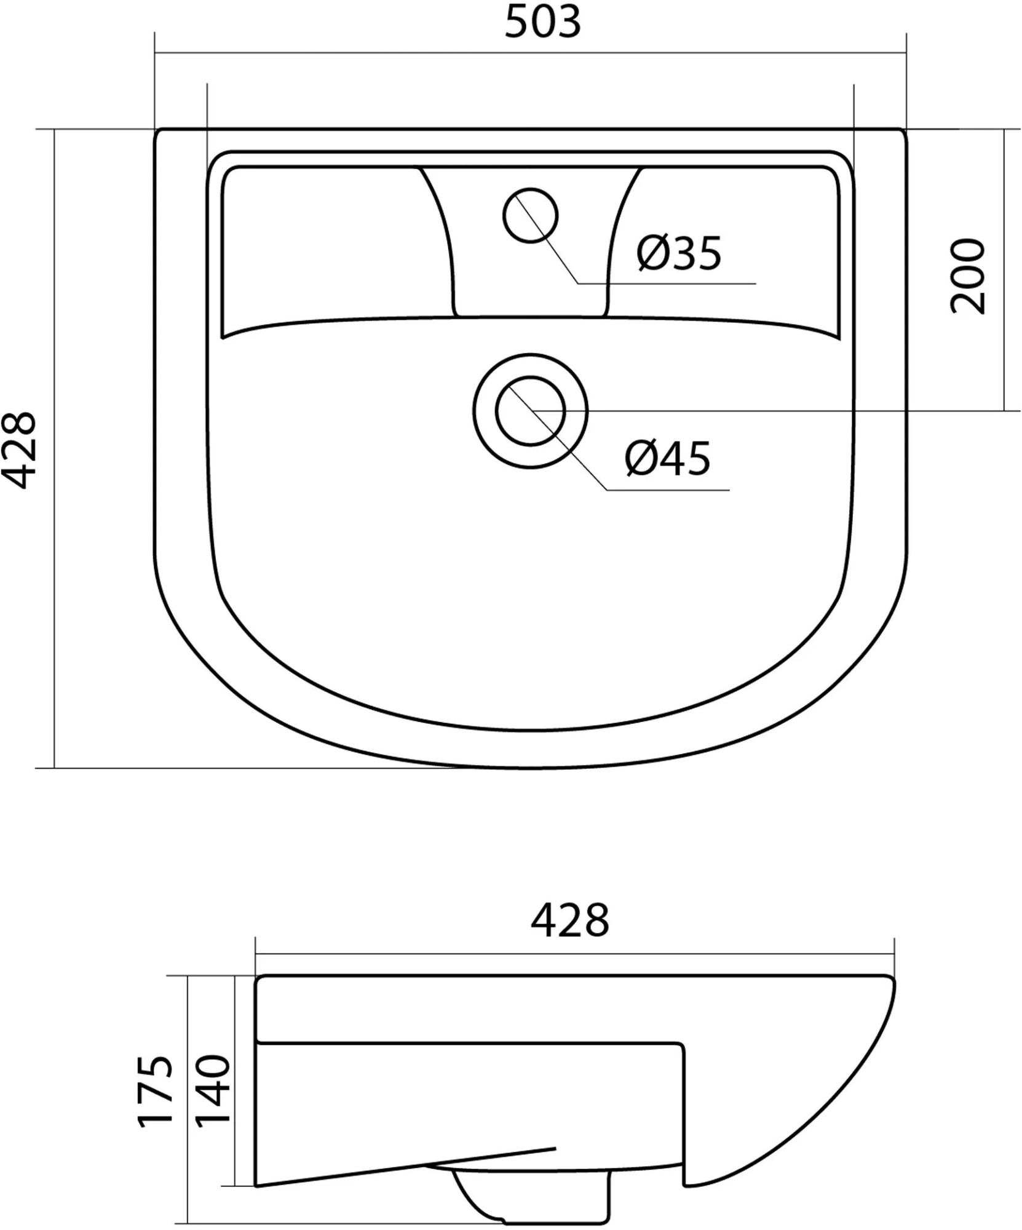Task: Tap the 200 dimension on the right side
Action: click(967, 277)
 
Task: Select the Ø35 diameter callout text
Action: click(679, 253)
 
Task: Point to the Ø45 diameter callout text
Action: click(667, 458)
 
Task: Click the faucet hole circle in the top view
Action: click(530, 215)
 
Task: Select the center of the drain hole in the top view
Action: click(530, 411)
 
